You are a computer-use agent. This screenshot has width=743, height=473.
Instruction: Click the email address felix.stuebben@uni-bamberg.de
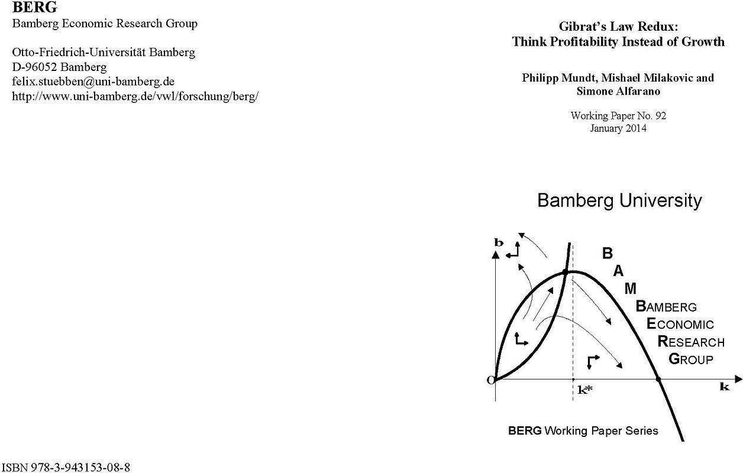(93, 81)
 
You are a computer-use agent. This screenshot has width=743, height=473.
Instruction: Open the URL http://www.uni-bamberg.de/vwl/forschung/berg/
(135, 96)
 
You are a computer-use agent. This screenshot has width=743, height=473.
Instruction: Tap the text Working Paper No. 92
(618, 116)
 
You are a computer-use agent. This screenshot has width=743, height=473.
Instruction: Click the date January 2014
(618, 128)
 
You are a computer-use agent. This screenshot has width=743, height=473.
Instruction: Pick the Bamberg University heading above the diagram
(619, 200)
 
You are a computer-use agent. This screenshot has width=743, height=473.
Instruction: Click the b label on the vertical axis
(499, 242)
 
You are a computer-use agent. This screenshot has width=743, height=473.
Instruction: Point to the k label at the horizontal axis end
(724, 387)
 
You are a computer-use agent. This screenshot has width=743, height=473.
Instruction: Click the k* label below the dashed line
(585, 390)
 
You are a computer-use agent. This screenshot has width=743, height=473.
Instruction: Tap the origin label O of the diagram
(490, 380)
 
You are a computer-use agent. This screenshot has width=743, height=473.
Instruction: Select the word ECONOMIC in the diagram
(680, 324)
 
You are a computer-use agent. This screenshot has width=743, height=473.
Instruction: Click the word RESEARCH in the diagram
(691, 342)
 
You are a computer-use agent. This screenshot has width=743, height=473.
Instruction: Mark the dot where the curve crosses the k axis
(658, 379)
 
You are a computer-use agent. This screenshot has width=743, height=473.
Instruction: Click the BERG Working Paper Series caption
(583, 430)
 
